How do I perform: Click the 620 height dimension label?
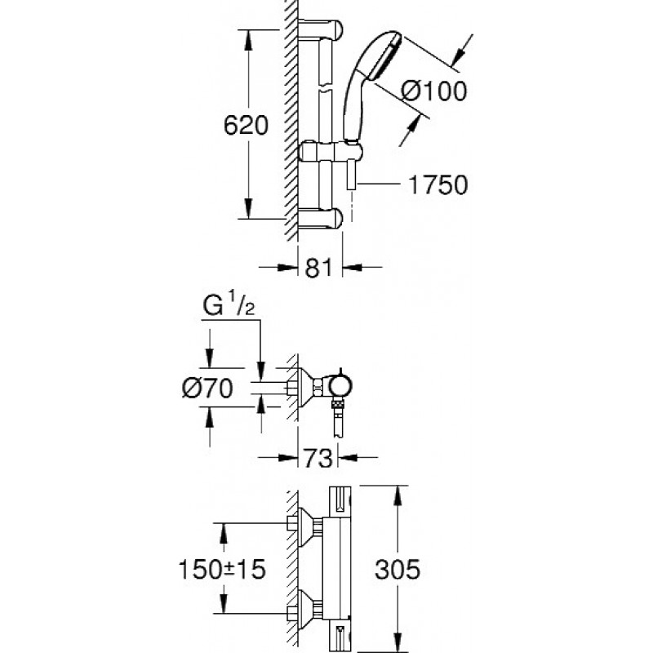pyautogui.click(x=246, y=126)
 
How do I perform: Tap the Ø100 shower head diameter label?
pyautogui.click(x=434, y=91)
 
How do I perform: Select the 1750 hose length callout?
pyautogui.click(x=438, y=184)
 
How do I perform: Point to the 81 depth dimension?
pyautogui.click(x=318, y=268)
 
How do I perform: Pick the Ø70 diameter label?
pyautogui.click(x=207, y=389)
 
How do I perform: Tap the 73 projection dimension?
pyautogui.click(x=318, y=458)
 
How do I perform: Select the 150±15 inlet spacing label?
pyautogui.click(x=221, y=569)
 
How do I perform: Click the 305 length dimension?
pyautogui.click(x=398, y=569)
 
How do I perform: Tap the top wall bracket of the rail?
pyautogui.click(x=320, y=29)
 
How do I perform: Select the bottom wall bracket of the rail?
pyautogui.click(x=320, y=218)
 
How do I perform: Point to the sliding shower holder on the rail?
pyautogui.click(x=331, y=151)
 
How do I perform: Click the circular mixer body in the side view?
pyautogui.click(x=340, y=385)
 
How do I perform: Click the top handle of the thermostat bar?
pyautogui.click(x=340, y=501)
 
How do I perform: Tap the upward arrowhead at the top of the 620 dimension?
pyautogui.click(x=248, y=38)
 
